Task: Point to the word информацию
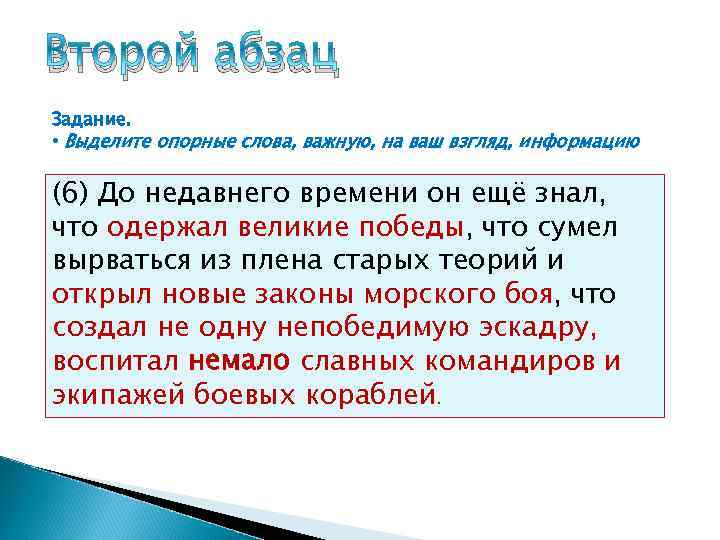pos(588,141)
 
